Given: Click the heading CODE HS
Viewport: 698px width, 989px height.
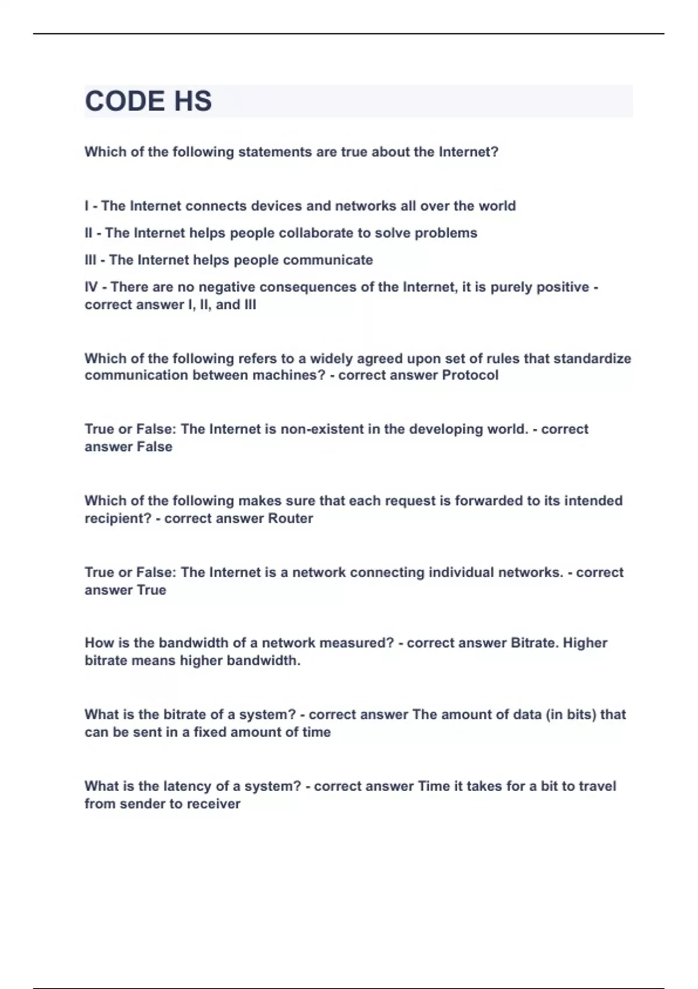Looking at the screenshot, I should [148, 101].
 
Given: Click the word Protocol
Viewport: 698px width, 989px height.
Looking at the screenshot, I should [470, 375].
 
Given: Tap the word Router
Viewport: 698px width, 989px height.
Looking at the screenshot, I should [290, 518].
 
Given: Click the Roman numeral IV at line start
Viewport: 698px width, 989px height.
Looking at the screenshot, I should [91, 287].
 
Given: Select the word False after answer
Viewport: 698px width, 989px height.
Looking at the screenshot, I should [154, 447].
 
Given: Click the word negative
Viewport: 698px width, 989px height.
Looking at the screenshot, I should [227, 287].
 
